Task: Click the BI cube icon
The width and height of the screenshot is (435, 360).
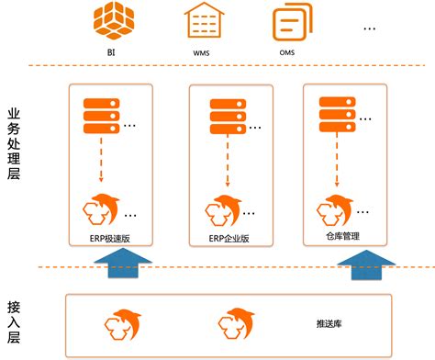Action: point(113,20)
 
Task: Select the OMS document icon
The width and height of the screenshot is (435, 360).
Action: point(289,22)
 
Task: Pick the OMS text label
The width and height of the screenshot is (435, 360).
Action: point(286,52)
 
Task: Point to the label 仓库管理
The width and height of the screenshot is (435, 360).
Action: point(342,236)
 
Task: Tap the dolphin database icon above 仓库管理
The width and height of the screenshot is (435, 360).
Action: point(335,208)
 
